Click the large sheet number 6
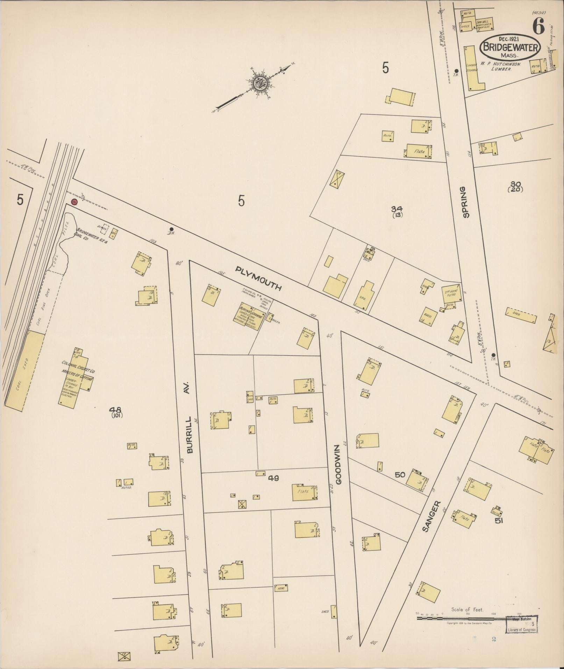538,26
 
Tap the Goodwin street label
338,464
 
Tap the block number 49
273,478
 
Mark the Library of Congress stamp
521,624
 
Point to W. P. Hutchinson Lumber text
500,67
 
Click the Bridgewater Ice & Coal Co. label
92,234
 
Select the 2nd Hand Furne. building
451,293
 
